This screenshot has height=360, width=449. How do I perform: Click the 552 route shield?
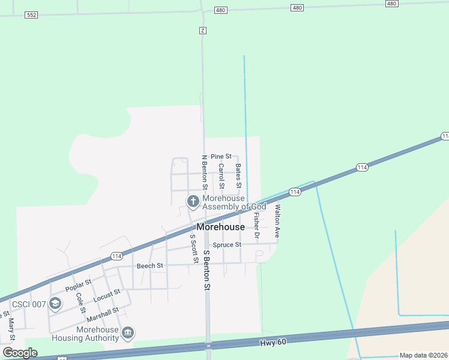[32, 15]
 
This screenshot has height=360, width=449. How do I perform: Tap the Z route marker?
[203, 30]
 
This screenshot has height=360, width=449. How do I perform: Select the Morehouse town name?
[220, 227]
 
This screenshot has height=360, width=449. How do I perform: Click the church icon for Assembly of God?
[193, 202]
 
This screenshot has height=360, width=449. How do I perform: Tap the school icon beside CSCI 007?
[55, 304]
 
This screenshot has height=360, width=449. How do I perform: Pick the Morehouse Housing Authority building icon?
[127, 332]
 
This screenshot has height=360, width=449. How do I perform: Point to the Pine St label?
[221, 157]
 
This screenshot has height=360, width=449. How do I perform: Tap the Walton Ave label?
[277, 221]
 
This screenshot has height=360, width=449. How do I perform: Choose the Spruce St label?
[227, 245]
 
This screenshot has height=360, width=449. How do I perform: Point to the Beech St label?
[150, 266]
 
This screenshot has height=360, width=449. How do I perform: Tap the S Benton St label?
[207, 271]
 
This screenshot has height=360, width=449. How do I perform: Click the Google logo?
[20, 353]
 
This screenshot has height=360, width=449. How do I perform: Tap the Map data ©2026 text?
[423, 355]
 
